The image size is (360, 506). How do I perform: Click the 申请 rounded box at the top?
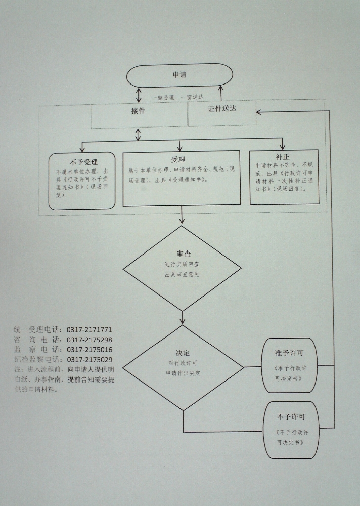[x=179, y=75]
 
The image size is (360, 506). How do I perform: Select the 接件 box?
[x=138, y=111]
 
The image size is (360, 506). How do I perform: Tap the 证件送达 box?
[x=222, y=109]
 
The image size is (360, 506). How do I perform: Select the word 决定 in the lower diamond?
[x=183, y=353]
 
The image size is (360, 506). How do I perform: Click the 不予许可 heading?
[x=290, y=417]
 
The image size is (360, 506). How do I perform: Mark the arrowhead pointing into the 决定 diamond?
[x=183, y=321]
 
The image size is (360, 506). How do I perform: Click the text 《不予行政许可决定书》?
[x=290, y=437]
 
